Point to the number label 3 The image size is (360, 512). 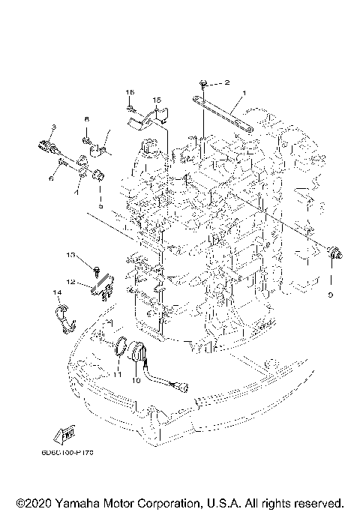[54, 127]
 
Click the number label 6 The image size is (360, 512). [52, 179]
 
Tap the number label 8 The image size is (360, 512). [86, 120]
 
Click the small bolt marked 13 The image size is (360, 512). [97, 268]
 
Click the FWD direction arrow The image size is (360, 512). [62, 434]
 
